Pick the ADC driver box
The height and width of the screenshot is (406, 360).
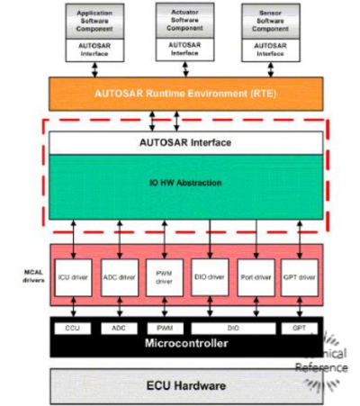click(x=118, y=276)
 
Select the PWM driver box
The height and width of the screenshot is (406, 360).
click(x=163, y=276)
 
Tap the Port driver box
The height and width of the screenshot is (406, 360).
click(x=255, y=276)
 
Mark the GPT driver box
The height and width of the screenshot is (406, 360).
click(x=300, y=276)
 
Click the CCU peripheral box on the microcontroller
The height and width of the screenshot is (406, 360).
click(x=72, y=329)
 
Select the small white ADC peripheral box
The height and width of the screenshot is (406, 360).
click(x=118, y=329)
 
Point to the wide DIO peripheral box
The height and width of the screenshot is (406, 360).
click(x=232, y=329)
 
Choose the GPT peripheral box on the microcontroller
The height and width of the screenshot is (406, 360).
click(x=300, y=329)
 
